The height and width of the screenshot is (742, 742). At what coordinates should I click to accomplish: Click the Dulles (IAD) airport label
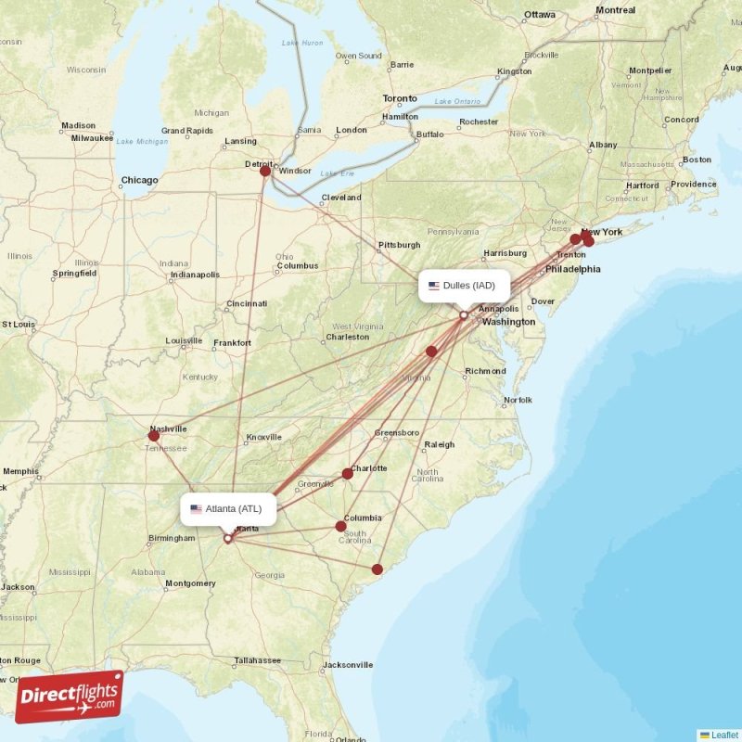[x=468, y=285]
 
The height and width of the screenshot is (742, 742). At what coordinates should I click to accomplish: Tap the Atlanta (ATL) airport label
[x=228, y=508]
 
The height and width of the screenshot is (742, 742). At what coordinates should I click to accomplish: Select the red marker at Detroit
[x=265, y=171]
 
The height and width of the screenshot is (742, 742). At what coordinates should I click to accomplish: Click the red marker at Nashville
[x=154, y=435]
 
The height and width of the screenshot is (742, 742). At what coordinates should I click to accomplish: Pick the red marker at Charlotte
[x=348, y=473]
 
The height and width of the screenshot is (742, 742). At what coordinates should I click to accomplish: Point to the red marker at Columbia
[x=341, y=526]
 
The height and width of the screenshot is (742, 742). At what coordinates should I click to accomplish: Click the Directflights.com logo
[x=69, y=697]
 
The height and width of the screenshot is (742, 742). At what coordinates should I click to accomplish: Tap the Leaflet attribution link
[x=723, y=735]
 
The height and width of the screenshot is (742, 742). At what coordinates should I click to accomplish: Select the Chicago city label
[x=139, y=180]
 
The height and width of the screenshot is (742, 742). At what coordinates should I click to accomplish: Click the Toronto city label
[x=400, y=98]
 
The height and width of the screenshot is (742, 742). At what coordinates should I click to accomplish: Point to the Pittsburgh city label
[x=399, y=245]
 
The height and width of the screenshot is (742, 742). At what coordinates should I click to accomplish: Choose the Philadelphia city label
[x=572, y=269]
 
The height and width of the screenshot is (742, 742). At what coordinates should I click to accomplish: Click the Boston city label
[x=697, y=160]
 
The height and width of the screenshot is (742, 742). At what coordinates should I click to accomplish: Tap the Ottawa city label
[x=539, y=15]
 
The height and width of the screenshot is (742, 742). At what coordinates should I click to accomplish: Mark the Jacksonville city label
[x=348, y=664]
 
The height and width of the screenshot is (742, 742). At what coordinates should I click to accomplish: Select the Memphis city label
[x=20, y=471]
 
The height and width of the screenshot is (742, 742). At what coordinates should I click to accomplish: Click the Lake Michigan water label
[x=142, y=141]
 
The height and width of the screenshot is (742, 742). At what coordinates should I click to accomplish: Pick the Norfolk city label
[x=518, y=401]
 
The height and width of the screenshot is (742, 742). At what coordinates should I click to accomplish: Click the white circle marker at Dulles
[x=464, y=315]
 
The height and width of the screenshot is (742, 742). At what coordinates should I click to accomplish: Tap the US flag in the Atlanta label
[x=196, y=508]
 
